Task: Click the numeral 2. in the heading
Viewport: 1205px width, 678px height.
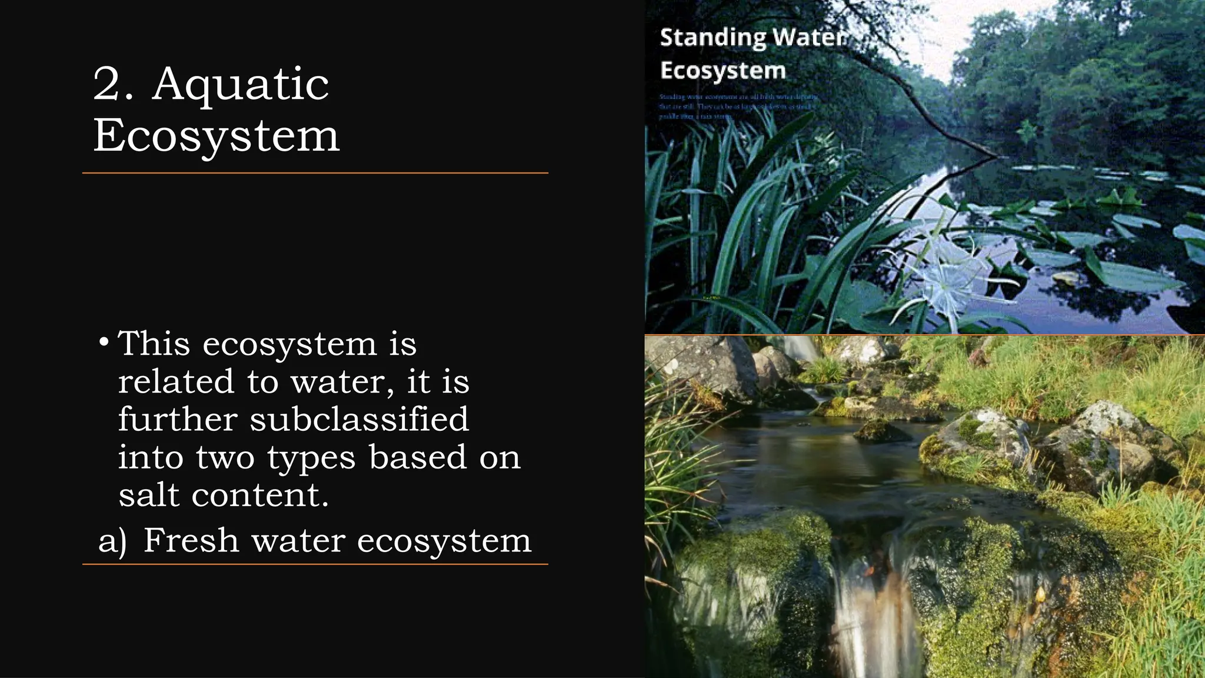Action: point(114,84)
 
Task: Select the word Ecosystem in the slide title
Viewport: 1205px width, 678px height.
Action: point(216,136)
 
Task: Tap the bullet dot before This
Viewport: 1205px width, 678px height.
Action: point(104,343)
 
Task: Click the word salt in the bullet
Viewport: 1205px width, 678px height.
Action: point(148,495)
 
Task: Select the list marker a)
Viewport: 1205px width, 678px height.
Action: point(112,541)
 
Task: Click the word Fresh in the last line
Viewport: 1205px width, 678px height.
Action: point(191,540)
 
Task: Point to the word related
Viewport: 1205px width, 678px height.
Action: point(176,381)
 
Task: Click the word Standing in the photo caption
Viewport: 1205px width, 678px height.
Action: point(713,38)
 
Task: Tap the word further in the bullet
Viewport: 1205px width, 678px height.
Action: point(178,419)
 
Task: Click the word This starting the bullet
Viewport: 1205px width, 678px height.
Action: point(154,344)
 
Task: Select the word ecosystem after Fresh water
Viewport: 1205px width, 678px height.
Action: point(444,541)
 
